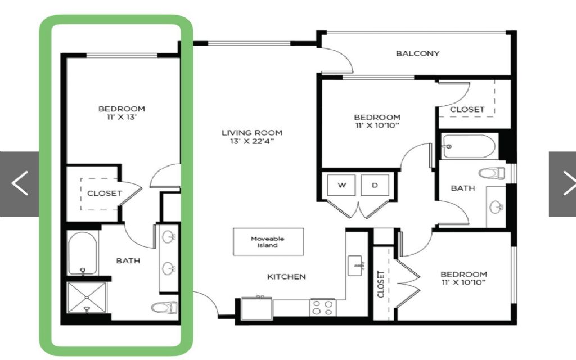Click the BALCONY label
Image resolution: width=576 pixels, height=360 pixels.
[x=418, y=53]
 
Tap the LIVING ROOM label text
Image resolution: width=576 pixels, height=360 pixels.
[x=252, y=133]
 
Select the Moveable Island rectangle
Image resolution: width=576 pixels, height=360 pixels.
[x=268, y=242]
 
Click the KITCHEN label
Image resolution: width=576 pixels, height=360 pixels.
[x=286, y=277]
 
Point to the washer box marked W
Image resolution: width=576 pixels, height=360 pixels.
[x=341, y=185]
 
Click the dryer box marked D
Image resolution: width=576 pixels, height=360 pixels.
[x=375, y=185]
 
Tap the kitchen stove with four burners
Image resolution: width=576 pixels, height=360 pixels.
[x=323, y=308]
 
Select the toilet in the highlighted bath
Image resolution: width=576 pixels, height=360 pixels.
[x=165, y=307]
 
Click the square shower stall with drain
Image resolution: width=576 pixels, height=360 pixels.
[x=87, y=298]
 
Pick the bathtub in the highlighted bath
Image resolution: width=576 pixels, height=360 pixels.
[x=83, y=253]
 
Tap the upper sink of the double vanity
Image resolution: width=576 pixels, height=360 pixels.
[x=169, y=237]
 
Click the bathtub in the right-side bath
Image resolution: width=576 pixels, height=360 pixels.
[x=469, y=147]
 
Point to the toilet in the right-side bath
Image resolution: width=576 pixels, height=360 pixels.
[x=492, y=173]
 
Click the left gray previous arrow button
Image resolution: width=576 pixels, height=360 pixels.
[x=20, y=183]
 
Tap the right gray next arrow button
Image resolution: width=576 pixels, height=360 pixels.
[x=562, y=183]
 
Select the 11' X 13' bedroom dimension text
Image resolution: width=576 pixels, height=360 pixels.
[x=121, y=118]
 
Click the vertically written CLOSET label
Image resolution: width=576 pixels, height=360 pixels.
[x=381, y=284]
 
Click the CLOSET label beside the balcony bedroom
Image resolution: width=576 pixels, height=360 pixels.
[x=467, y=110]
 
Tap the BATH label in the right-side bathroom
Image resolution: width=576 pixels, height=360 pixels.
[x=463, y=188]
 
